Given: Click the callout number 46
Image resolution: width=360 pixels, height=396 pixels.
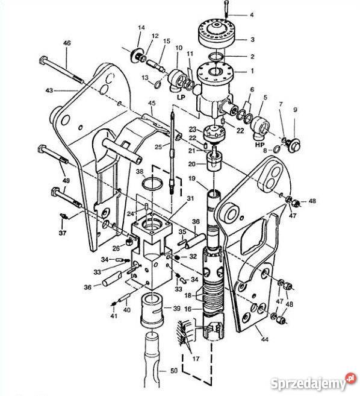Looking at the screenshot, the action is (67, 43).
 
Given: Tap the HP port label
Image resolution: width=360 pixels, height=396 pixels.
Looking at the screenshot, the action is (259, 145).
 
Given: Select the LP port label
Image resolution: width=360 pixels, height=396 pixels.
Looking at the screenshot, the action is (181, 97).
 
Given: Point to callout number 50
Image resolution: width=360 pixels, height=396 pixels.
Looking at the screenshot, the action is (174, 371).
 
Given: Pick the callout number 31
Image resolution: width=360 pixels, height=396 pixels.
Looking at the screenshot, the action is (190, 199).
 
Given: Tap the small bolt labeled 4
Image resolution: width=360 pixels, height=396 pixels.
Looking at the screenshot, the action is (226, 8).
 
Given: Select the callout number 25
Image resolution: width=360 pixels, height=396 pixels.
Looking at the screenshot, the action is (158, 146).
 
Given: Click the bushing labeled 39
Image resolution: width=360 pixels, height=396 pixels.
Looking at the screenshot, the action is (152, 309).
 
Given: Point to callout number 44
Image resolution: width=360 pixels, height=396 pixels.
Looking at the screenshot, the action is (264, 339).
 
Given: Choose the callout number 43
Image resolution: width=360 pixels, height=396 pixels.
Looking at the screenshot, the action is (49, 90).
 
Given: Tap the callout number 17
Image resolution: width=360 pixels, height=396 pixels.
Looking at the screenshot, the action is (196, 359).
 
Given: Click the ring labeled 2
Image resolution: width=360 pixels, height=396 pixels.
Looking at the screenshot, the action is (216, 57).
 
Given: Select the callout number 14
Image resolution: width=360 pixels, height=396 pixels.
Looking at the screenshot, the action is (141, 28).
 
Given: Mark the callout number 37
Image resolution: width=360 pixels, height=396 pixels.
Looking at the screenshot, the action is (63, 233).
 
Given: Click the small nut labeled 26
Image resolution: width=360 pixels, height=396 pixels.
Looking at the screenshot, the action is (129, 242).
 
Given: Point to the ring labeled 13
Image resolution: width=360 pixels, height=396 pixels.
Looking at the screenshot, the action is (158, 84).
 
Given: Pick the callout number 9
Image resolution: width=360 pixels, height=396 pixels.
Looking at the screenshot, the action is (295, 110).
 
